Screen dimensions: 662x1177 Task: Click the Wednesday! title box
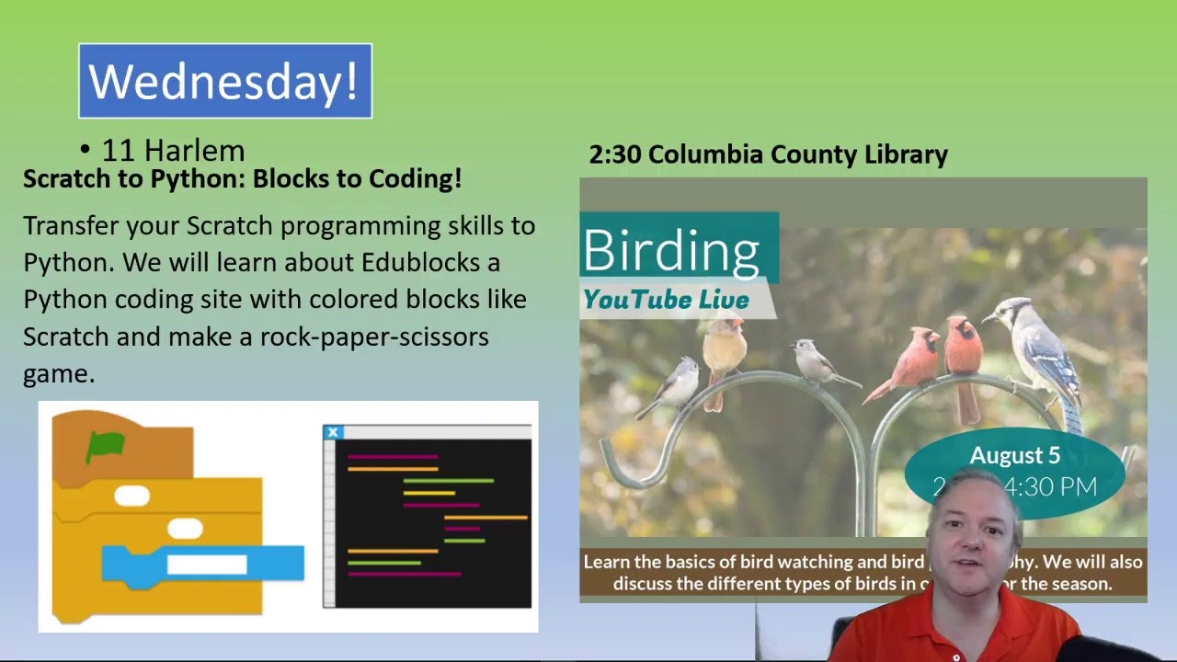click(225, 81)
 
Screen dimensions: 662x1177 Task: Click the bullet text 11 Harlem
click(173, 150)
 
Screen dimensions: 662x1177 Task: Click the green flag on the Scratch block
click(105, 447)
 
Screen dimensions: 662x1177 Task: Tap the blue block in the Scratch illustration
click(202, 563)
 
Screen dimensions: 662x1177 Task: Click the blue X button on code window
click(333, 432)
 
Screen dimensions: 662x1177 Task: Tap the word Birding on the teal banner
click(671, 250)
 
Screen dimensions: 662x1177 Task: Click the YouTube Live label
click(666, 300)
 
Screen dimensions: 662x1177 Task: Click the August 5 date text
click(1014, 456)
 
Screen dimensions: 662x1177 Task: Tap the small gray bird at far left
click(679, 384)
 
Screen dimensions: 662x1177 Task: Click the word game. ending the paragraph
click(59, 373)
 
